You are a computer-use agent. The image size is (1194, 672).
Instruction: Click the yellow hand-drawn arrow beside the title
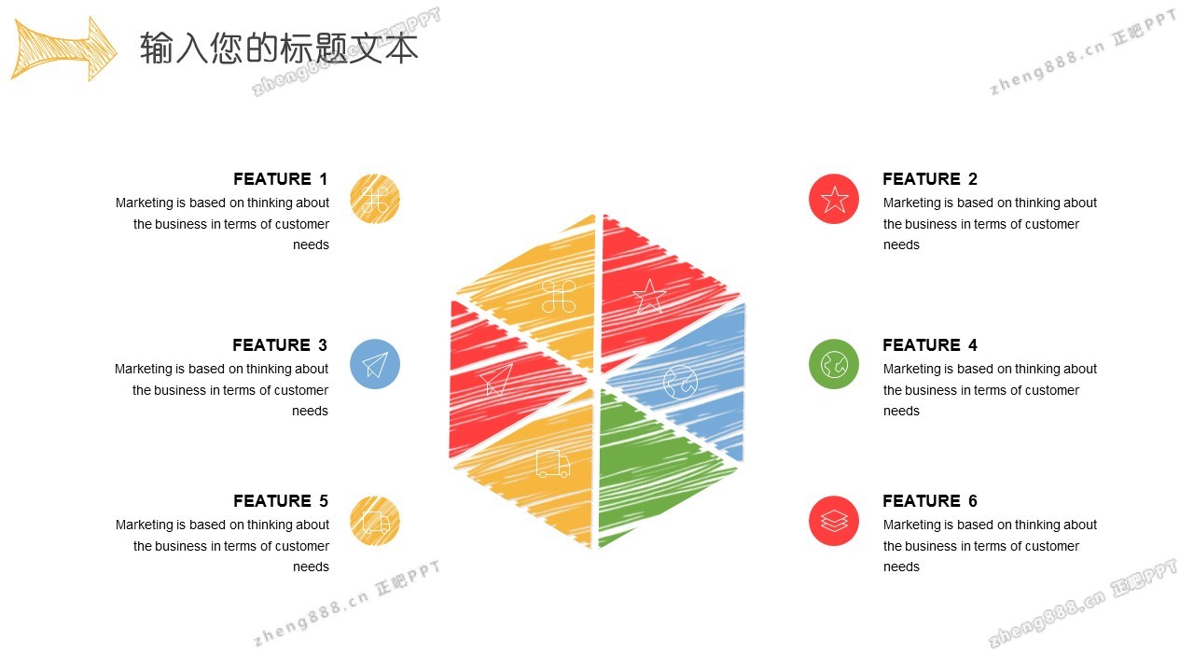pyautogui.click(x=64, y=49)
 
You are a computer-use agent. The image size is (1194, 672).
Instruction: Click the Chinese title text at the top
pyautogui.click(x=279, y=48)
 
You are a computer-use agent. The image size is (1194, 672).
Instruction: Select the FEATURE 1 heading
pyautogui.click(x=281, y=179)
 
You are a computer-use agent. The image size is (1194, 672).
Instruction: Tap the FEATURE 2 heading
pyautogui.click(x=930, y=179)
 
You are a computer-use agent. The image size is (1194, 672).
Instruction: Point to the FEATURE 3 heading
pyautogui.click(x=280, y=345)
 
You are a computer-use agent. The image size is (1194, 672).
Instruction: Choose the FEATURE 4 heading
pyautogui.click(x=930, y=345)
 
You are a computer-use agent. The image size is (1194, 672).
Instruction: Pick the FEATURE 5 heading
pyautogui.click(x=281, y=501)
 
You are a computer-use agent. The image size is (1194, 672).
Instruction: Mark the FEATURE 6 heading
pyautogui.click(x=930, y=501)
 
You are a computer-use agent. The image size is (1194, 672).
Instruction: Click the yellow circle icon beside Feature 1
pyautogui.click(x=375, y=199)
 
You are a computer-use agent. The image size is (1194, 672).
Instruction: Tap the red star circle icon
pyautogui.click(x=834, y=199)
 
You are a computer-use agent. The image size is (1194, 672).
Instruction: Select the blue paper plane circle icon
pyautogui.click(x=375, y=364)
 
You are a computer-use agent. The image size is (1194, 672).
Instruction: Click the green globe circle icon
pyautogui.click(x=834, y=364)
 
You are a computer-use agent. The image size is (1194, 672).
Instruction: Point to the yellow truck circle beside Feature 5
pyautogui.click(x=375, y=521)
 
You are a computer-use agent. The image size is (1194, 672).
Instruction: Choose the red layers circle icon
pyautogui.click(x=834, y=521)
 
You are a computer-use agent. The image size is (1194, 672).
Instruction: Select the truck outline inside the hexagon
pyautogui.click(x=553, y=464)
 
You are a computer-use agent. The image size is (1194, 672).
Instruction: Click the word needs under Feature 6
pyautogui.click(x=901, y=567)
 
